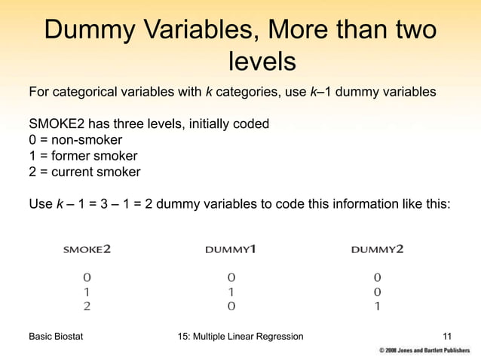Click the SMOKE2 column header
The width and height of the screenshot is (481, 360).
pyautogui.click(x=86, y=249)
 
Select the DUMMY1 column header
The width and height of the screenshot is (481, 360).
pyautogui.click(x=231, y=249)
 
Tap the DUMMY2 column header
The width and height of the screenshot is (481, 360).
pyautogui.click(x=377, y=249)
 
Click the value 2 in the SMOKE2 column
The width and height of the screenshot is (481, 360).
pyautogui.click(x=87, y=306)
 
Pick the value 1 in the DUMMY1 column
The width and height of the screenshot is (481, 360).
pyautogui.click(x=231, y=291)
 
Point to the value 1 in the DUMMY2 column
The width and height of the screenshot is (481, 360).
pyautogui.click(x=377, y=306)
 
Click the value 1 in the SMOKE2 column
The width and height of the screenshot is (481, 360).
pyautogui.click(x=87, y=291)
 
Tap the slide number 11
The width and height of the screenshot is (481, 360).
pyautogui.click(x=447, y=336)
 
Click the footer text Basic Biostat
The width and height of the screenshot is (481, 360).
pyautogui.click(x=56, y=336)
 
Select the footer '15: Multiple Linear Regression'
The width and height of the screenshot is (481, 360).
pyautogui.click(x=237, y=336)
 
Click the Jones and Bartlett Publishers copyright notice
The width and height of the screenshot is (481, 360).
pyautogui.click(x=424, y=351)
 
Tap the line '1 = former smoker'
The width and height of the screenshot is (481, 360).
pyautogui.click(x=83, y=156)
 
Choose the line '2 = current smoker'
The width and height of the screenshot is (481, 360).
pyautogui.click(x=84, y=172)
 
